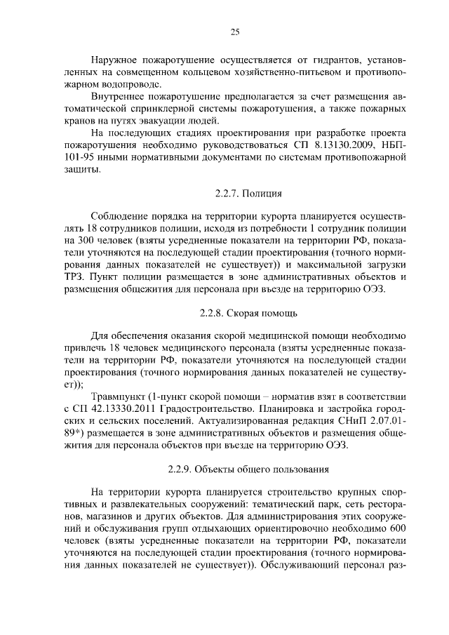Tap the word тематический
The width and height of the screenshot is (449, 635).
click(274, 504)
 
